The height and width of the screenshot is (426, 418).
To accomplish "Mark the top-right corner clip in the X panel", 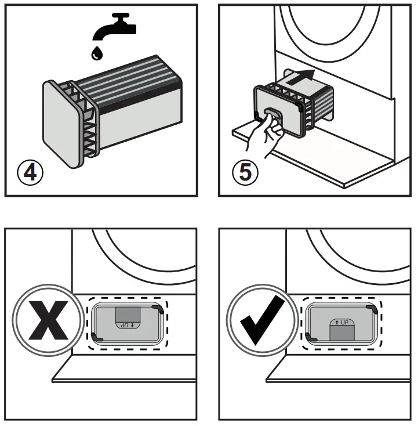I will click(157, 309).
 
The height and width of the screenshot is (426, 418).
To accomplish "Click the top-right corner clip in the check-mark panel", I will click(372, 309).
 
